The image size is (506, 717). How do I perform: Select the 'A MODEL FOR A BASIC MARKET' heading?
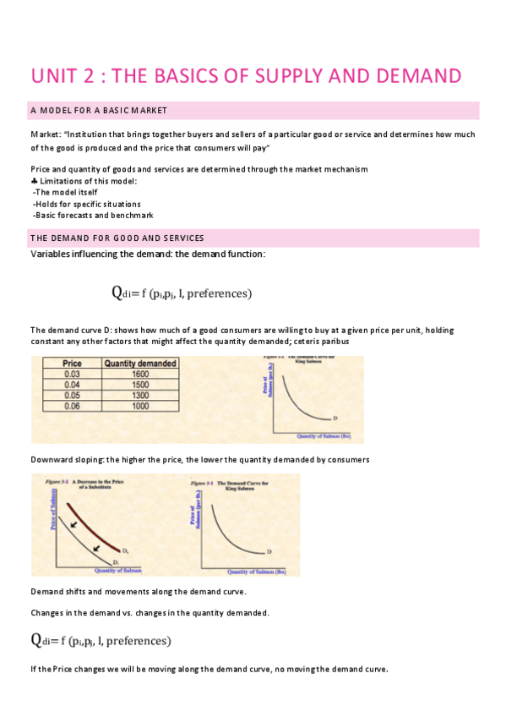99,111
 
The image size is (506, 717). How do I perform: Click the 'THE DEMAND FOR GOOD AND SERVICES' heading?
117,238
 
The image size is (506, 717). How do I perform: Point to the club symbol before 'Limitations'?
34,181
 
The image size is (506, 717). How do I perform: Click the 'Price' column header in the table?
73,364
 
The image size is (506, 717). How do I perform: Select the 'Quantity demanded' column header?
140,364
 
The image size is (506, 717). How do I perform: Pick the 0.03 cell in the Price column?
73,374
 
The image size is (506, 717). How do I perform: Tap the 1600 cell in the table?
140,374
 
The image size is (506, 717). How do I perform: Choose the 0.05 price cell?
73,395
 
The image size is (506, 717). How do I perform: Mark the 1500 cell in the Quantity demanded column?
140,385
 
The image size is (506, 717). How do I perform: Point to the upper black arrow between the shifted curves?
75,525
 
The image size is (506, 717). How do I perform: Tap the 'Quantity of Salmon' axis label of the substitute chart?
120,570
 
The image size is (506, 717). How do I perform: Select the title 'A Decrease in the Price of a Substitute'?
92,483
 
